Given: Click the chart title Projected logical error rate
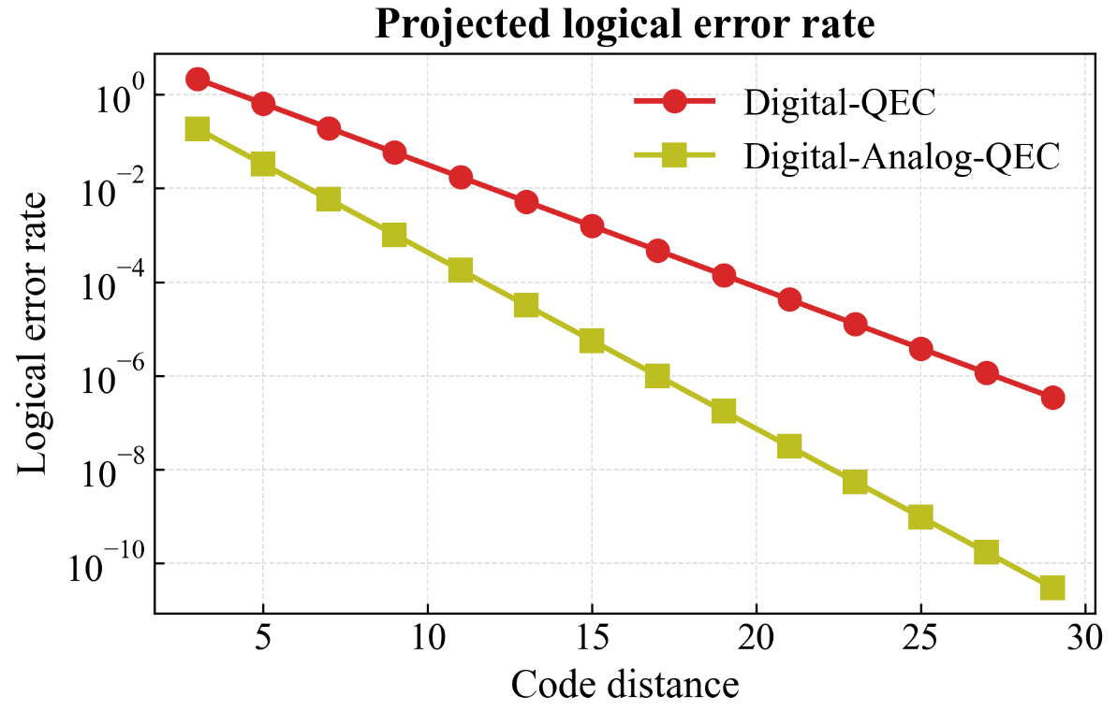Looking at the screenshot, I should (x=625, y=25).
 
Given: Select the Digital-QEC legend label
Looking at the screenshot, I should (x=839, y=102).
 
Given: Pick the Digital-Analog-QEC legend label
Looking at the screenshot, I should (x=902, y=156).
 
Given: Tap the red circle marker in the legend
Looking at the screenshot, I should (x=674, y=102).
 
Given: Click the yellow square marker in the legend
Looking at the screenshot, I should (x=674, y=156).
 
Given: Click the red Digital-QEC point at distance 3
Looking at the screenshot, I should (x=198, y=79).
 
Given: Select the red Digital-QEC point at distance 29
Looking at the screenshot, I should (x=1052, y=398).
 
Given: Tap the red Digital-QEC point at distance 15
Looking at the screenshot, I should (x=592, y=225).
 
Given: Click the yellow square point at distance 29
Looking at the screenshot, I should (x=1052, y=588).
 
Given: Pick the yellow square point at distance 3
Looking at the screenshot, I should (x=198, y=128).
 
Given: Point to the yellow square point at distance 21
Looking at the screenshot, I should (x=789, y=446).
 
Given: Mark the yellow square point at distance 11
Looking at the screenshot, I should (x=461, y=269).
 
